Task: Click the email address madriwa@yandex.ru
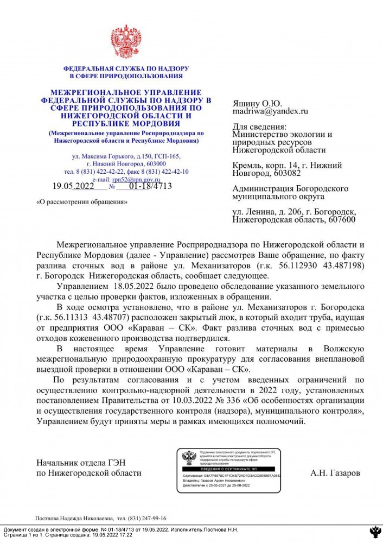tap(270, 111)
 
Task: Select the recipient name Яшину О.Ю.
tap(257, 103)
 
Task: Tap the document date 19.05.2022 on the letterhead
tap(73, 186)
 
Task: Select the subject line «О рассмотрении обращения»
tap(81, 202)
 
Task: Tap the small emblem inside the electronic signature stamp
tap(189, 458)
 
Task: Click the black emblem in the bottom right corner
tap(374, 532)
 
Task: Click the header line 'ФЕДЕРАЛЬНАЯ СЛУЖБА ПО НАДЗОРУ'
tap(126, 69)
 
